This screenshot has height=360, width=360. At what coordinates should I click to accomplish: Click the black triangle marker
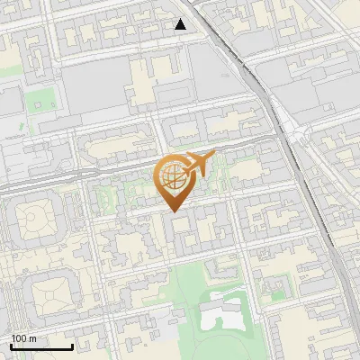pos(181,24)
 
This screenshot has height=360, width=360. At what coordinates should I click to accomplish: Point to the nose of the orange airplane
pos(215,155)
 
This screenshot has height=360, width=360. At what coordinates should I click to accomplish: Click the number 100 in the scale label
pos(19,338)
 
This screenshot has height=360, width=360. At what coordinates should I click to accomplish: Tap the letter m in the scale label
pos(33,338)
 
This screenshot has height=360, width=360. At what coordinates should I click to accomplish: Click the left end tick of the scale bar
pos(11,346)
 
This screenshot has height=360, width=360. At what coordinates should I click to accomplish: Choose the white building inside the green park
pos(221,316)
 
